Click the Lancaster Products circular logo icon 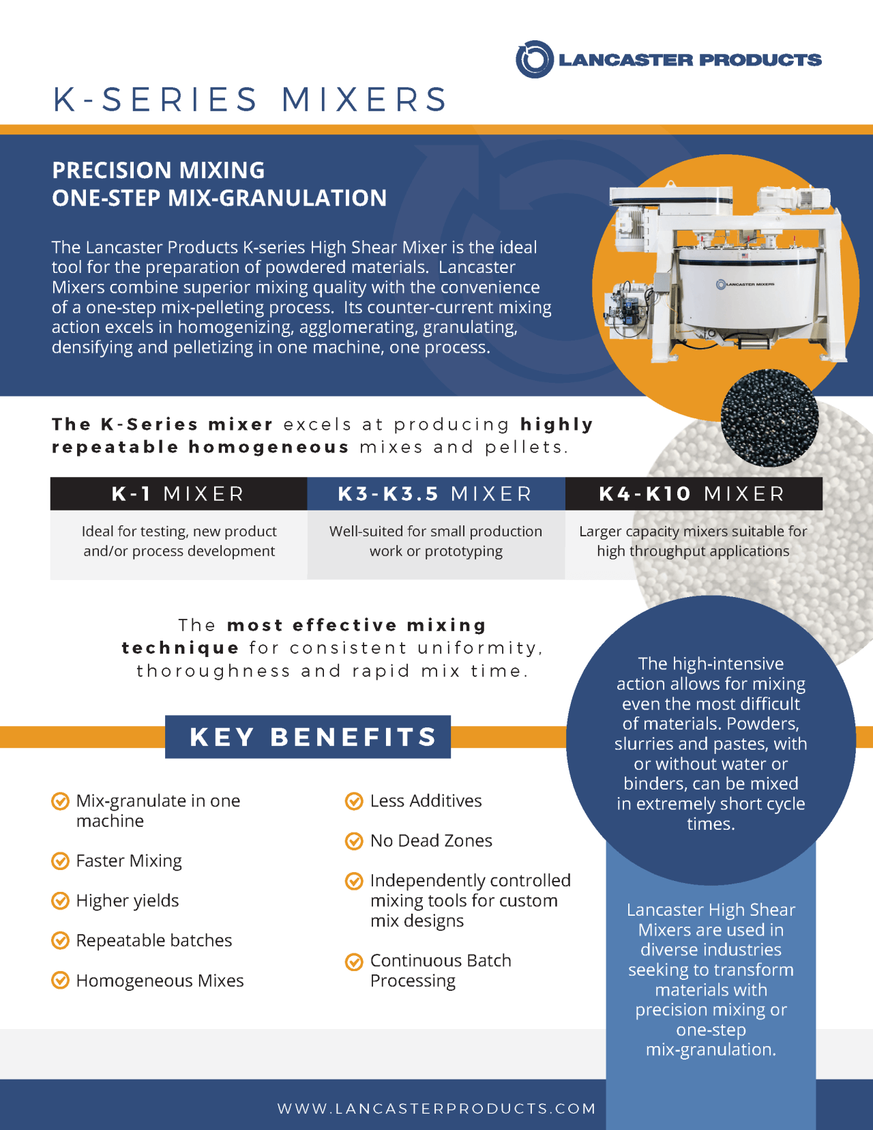tap(534, 59)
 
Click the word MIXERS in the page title tap(365, 100)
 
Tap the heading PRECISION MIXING tap(158, 170)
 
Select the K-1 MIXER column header tap(178, 493)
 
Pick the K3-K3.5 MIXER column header tap(435, 493)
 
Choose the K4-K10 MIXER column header tap(692, 493)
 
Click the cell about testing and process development tap(179, 541)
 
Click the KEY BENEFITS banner tap(308, 737)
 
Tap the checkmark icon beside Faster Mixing tap(61, 861)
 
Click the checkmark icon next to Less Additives tap(354, 801)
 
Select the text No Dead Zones tap(431, 841)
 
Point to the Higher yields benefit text tap(128, 901)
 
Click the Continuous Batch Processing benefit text tap(441, 970)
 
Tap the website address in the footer tap(436, 1108)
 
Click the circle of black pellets tap(769, 418)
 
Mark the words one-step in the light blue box tap(711, 1030)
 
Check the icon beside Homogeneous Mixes tap(61, 981)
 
